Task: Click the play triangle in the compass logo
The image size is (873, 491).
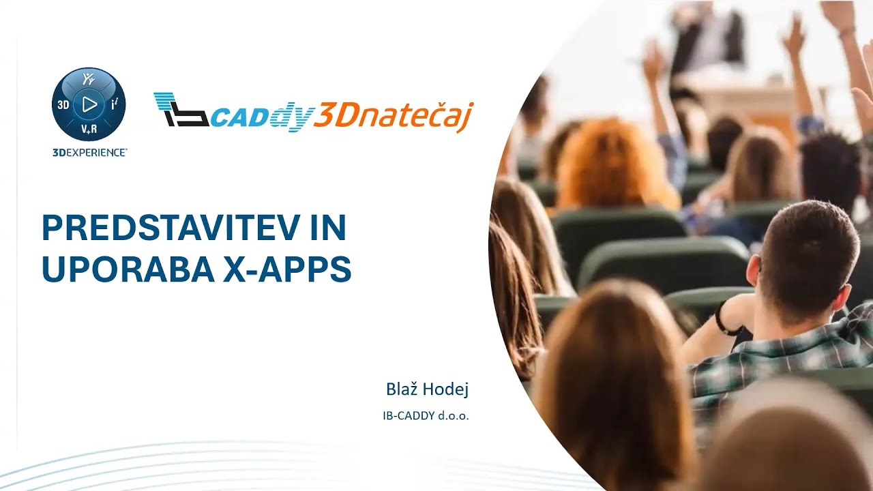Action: click(x=89, y=104)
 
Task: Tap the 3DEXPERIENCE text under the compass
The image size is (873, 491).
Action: click(x=89, y=153)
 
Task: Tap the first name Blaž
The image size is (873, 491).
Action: click(x=402, y=389)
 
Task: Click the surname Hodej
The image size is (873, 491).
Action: click(x=445, y=389)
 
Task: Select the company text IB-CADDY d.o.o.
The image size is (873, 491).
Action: click(x=426, y=415)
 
